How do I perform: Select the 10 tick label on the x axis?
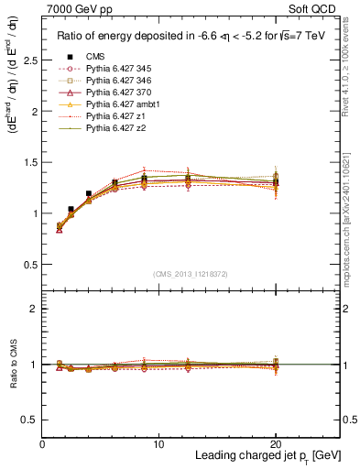(x=158, y=443)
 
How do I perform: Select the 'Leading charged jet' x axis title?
(x=248, y=456)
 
